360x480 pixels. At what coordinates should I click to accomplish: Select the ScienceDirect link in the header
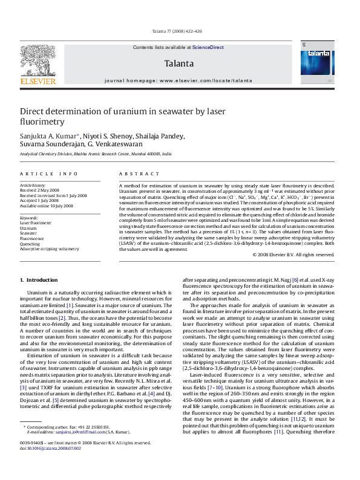[208, 47]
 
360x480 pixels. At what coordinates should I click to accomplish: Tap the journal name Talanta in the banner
[178, 63]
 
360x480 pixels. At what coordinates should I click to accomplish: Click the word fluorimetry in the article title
[41, 122]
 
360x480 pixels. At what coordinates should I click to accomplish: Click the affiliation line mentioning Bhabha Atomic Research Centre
[96, 154]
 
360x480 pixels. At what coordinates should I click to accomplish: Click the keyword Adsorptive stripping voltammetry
[50, 248]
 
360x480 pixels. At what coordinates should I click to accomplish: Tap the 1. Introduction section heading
[39, 280]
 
